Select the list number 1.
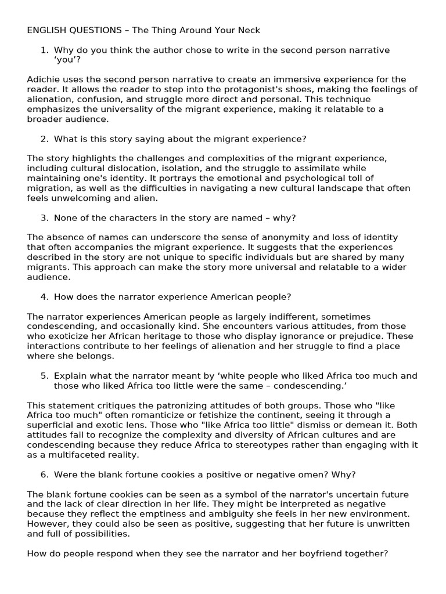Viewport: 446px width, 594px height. [44, 50]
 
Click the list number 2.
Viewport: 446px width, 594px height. [44, 139]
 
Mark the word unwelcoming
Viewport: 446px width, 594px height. [67, 198]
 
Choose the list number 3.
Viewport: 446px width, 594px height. [44, 218]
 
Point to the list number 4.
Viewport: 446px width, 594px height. [44, 296]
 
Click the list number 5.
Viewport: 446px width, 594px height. [44, 375]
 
